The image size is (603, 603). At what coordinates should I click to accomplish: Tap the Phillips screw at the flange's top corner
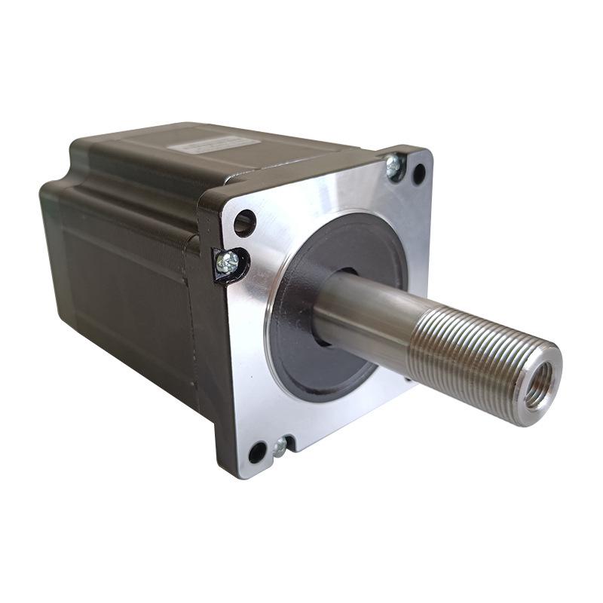pyautogui.click(x=393, y=167)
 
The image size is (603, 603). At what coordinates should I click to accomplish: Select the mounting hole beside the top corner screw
pyautogui.click(x=418, y=174)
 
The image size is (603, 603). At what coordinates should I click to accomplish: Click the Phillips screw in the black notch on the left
pyautogui.click(x=227, y=262)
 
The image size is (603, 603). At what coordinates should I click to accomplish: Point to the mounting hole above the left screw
pyautogui.click(x=244, y=222)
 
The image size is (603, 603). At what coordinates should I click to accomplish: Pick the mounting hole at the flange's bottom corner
pyautogui.click(x=257, y=452)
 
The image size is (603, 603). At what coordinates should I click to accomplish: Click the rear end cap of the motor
pyautogui.click(x=53, y=226)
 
